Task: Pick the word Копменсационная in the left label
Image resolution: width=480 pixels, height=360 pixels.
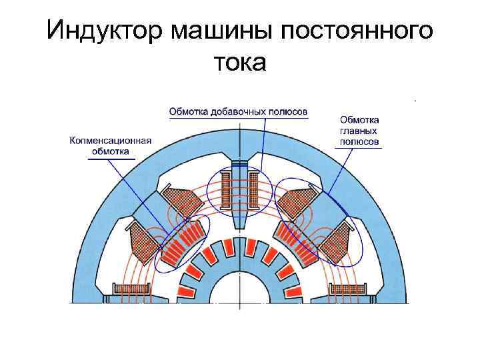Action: [111, 141]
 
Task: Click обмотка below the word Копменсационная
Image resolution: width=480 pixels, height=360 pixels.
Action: [111, 151]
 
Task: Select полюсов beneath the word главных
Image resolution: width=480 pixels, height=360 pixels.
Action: [359, 142]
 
